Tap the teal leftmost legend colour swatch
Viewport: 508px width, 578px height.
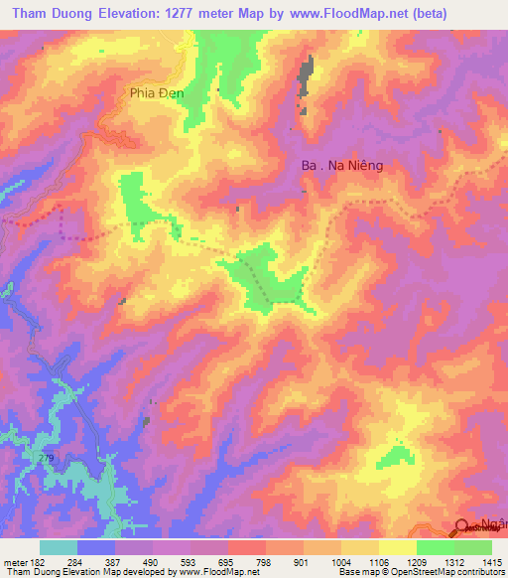pos(59,548)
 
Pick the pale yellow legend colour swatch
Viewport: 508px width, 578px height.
pos(397,548)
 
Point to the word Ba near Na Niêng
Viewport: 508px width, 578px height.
pos(309,168)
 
